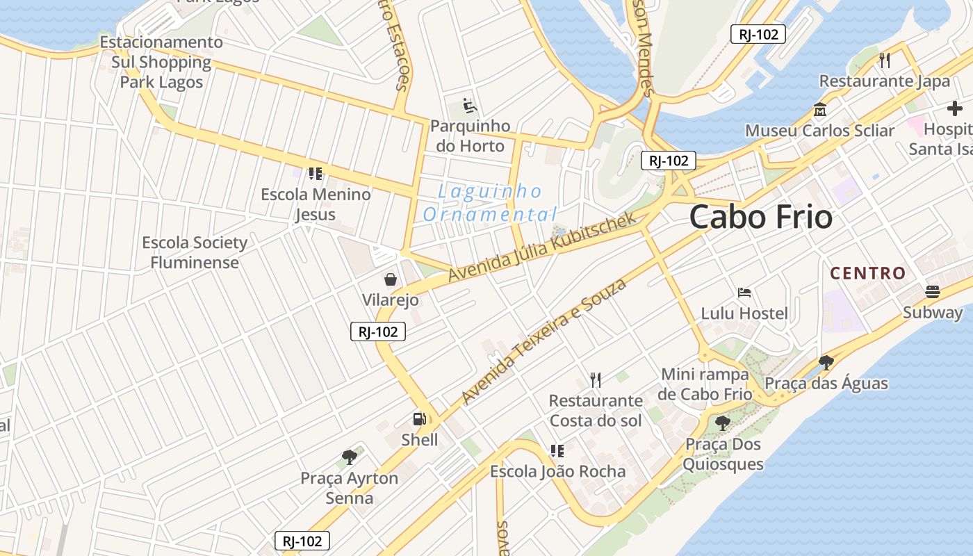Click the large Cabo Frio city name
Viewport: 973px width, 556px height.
[x=761, y=218]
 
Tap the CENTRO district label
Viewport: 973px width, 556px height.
[x=868, y=273]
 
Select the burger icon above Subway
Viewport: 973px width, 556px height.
[x=933, y=292]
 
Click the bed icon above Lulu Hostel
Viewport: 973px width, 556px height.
[x=744, y=293]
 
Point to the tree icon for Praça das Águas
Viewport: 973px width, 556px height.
[x=826, y=362]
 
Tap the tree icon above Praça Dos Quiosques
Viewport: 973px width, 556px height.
[x=723, y=423]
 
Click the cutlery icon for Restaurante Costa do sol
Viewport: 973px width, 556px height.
[x=596, y=379]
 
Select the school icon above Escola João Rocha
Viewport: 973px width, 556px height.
[x=557, y=450]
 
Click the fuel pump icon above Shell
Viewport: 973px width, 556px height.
[x=420, y=418]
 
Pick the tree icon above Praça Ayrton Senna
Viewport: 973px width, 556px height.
[x=350, y=457]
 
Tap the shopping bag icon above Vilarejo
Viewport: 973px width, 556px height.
[x=391, y=279]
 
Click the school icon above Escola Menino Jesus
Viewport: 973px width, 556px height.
[x=316, y=174]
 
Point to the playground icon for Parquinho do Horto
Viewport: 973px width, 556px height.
[x=471, y=106]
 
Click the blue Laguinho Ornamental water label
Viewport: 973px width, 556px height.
[x=491, y=202]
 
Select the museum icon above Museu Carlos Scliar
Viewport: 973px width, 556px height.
[x=820, y=110]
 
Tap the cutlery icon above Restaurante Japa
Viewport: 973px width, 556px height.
[x=885, y=60]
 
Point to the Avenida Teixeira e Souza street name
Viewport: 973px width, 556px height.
[x=544, y=341]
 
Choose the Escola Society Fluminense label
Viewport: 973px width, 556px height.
[x=195, y=252]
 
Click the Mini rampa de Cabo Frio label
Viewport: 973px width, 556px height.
[x=705, y=384]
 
